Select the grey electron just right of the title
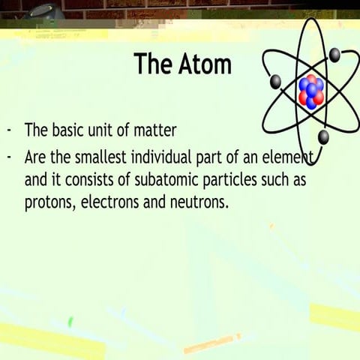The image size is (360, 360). (274, 81)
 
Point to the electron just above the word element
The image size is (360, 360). (323, 136)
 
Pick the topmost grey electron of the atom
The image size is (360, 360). (334, 54)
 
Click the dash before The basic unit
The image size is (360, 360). (9, 130)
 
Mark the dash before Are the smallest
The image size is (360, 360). (9, 157)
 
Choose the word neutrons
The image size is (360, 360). (199, 202)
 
